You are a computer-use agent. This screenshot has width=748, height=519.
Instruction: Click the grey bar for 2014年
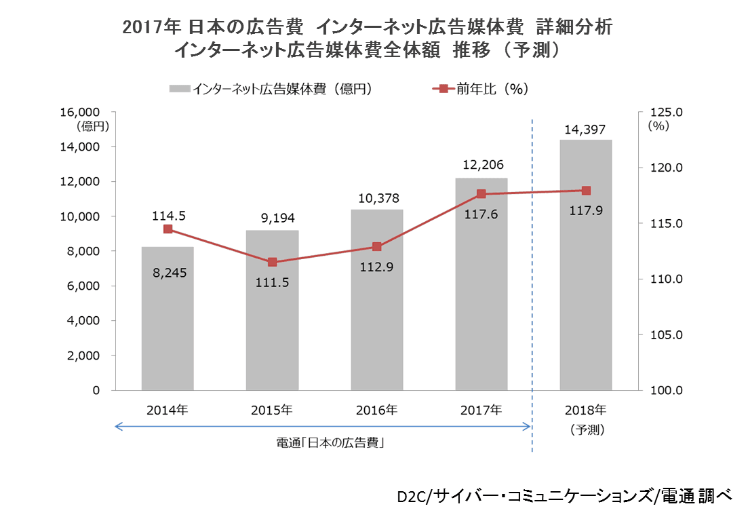(168, 318)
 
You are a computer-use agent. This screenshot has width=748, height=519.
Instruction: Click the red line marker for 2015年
(272, 262)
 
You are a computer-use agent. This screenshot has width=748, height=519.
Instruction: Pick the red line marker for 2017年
(481, 194)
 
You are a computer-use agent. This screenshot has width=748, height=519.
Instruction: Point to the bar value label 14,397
(586, 130)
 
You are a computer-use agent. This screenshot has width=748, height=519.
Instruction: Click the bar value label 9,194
(272, 218)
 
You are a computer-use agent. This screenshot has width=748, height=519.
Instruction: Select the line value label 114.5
(168, 215)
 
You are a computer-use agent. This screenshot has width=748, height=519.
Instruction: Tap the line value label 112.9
(377, 267)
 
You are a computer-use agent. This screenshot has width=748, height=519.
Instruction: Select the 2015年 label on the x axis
(272, 410)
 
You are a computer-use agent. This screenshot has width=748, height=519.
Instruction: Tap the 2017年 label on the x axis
(481, 410)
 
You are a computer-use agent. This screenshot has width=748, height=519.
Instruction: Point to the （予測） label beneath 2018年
(586, 429)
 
